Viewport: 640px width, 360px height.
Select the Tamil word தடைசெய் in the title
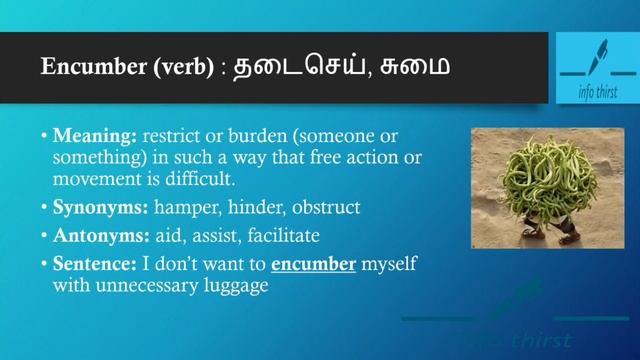(x=290, y=67)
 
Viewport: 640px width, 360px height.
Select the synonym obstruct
(x=326, y=208)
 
